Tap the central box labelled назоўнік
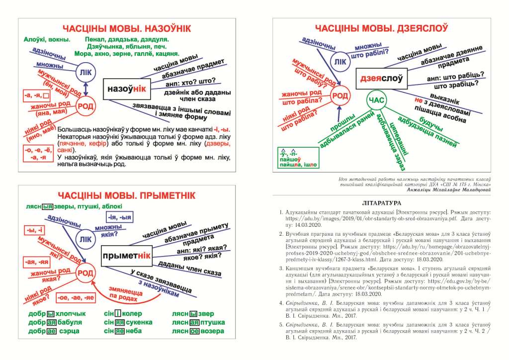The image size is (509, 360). (x=126, y=89)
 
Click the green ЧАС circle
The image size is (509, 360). (x=376, y=101)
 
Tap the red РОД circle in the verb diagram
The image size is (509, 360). (x=340, y=96)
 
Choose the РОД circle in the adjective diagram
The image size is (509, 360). (x=85, y=272)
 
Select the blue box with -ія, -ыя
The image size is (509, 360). (x=119, y=217)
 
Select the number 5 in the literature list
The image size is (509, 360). (x=281, y=324)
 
